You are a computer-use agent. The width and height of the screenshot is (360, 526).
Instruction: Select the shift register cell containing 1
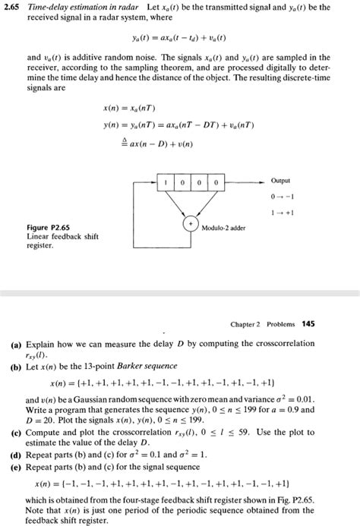[x=165, y=183]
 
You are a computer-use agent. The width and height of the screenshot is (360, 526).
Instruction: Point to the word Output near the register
[x=280, y=181]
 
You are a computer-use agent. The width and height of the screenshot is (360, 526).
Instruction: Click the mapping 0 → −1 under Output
[x=281, y=196]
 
